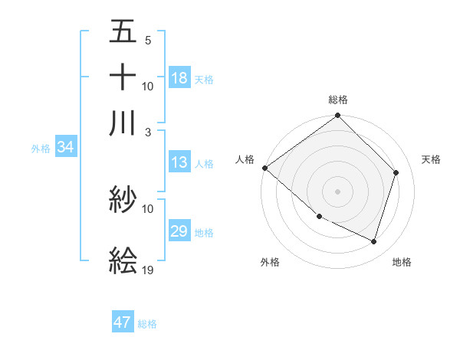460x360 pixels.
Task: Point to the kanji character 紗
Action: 123,201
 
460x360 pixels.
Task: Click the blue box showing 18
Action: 179,78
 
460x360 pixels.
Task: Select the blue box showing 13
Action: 179,162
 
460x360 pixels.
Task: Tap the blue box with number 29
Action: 179,231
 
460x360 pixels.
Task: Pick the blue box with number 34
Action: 65,147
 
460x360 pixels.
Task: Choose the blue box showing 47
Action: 123,322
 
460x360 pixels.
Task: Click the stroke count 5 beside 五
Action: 147,40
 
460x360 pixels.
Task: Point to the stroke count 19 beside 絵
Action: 148,270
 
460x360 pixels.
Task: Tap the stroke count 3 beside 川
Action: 147,132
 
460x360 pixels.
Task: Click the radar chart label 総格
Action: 338,100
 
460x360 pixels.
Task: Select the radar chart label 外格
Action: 270,262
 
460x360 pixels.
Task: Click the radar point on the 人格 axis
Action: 264,168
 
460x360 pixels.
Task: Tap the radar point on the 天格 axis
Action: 396,172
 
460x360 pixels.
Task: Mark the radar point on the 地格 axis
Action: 374,241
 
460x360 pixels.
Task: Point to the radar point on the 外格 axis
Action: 319,217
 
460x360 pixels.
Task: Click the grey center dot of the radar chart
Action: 338,191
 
